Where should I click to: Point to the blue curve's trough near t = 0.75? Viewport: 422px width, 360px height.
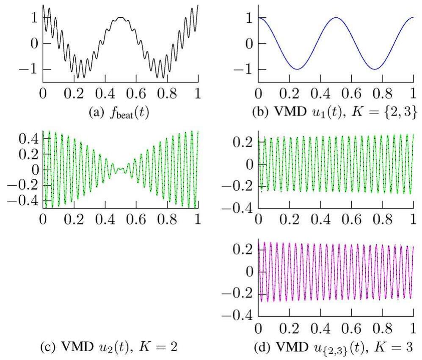click(x=374, y=69)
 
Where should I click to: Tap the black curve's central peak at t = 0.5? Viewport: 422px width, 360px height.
click(x=121, y=18)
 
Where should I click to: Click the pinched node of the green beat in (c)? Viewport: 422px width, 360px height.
click(x=121, y=169)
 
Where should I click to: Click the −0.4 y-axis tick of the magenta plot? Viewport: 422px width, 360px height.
click(x=237, y=316)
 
